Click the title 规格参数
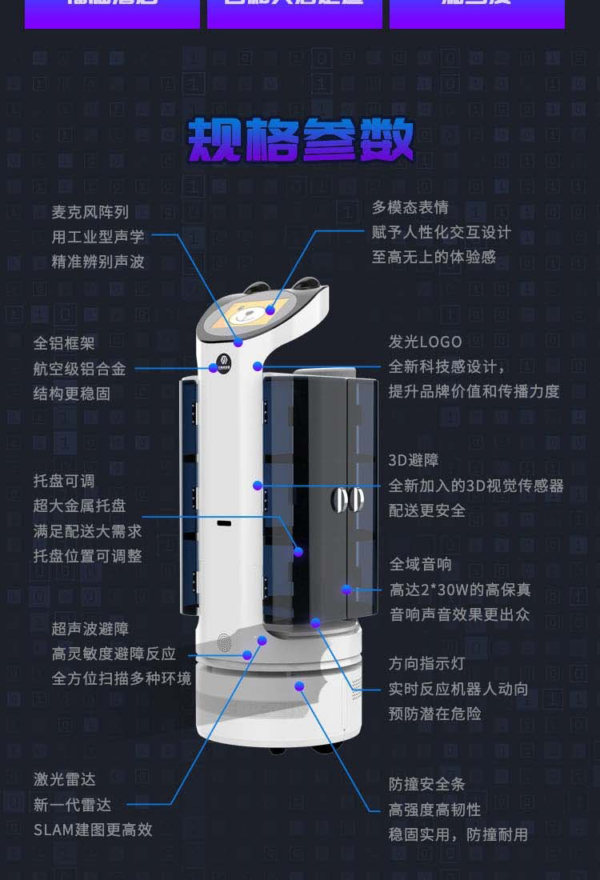301,140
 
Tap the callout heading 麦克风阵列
90,212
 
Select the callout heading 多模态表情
410,207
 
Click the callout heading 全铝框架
64,343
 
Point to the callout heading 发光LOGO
425,342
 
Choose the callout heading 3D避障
414,460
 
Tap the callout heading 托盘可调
64,481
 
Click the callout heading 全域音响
420,564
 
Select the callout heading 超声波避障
90,629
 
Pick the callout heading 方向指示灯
426,663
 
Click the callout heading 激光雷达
64,779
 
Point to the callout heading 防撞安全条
426,784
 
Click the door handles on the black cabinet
347,499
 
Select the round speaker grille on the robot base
225,642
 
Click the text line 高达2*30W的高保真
459,590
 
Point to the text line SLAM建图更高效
93,830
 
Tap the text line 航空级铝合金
79,369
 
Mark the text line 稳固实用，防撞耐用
458,834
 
